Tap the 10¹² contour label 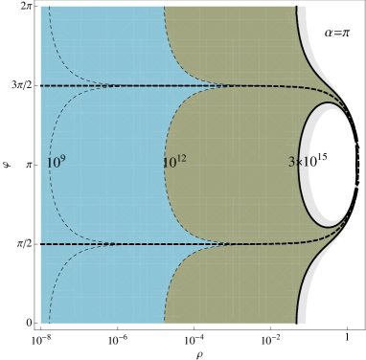coord(173,163)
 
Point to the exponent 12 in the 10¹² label coord(181,158)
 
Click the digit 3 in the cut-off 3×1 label coord(291,164)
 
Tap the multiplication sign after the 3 coord(298,164)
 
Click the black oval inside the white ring coord(331,163)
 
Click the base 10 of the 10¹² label coord(169,164)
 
